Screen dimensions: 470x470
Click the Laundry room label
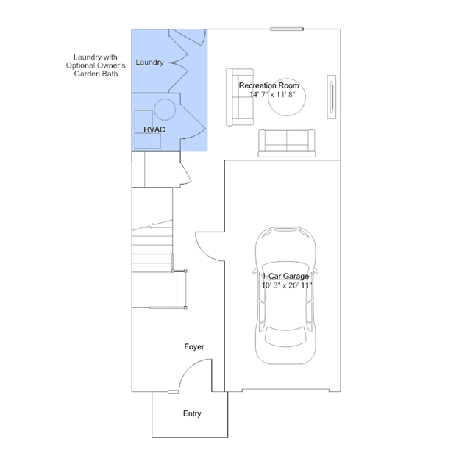click(149, 63)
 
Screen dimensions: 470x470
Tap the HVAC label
click(154, 129)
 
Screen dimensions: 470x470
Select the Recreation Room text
click(269, 85)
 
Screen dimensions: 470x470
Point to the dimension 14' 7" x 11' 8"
click(272, 95)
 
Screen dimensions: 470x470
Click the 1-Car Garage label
click(285, 276)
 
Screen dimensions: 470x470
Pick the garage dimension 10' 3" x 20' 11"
click(287, 285)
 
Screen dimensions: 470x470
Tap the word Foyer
click(194, 347)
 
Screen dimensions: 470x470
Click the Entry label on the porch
click(192, 413)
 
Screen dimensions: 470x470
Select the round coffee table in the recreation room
click(287, 97)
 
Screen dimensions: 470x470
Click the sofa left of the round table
click(240, 97)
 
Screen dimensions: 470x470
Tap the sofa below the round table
click(287, 143)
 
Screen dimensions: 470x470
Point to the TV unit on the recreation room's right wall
click(331, 97)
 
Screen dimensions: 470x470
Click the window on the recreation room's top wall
click(287, 29)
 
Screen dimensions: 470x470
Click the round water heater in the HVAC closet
click(165, 110)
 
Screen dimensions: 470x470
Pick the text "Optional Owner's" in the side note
click(96, 65)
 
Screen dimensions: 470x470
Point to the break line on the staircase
click(152, 225)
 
